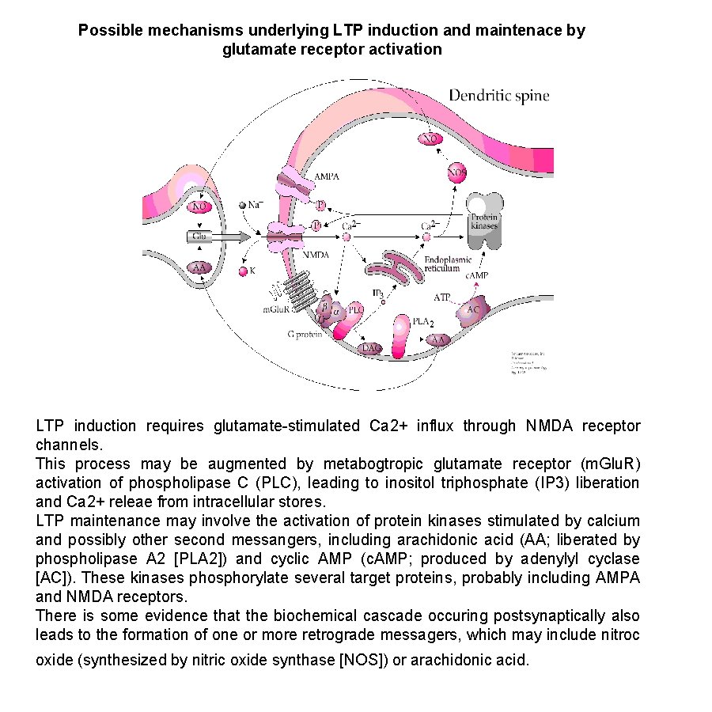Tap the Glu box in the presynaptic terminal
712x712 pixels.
tap(200, 236)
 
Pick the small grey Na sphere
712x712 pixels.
tap(243, 205)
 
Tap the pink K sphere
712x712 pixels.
tap(244, 271)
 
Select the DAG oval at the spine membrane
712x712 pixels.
tap(370, 347)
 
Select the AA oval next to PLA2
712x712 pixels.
tap(437, 339)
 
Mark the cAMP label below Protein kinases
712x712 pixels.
tap(476, 275)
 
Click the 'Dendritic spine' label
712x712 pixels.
tap(499, 97)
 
